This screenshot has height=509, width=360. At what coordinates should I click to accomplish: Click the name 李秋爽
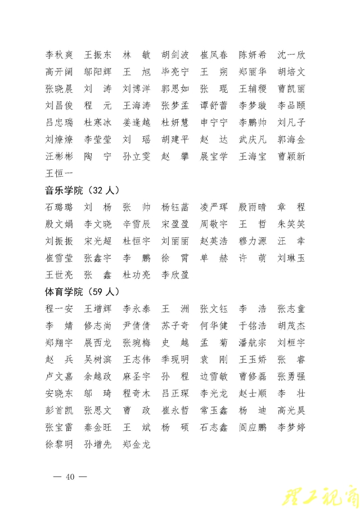pos(59,55)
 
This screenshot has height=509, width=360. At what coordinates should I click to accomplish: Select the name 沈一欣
pos(291,55)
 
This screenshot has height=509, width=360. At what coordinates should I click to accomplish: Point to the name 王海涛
pos(137,106)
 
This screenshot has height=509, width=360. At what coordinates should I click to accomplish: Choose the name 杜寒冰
pos(98,123)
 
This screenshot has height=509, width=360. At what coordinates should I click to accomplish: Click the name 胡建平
pos(175,139)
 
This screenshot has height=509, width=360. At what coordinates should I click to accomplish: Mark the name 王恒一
pos(59,173)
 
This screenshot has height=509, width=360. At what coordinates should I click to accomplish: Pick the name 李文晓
pos(98,224)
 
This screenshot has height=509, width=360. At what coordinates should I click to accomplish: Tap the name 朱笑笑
pos(291,224)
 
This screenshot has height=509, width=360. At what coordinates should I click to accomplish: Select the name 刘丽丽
pos(175,241)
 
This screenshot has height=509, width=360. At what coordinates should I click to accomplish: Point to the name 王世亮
pos(59,275)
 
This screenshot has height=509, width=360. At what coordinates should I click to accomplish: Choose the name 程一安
pos(59,309)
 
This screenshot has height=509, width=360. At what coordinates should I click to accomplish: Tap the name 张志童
pos(291,309)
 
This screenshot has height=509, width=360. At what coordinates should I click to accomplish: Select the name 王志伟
pos(137,359)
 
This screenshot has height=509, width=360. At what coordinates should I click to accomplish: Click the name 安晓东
pos(59,393)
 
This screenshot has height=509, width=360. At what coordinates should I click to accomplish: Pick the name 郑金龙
pos(137,444)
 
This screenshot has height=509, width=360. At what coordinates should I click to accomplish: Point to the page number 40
pos(70,478)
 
